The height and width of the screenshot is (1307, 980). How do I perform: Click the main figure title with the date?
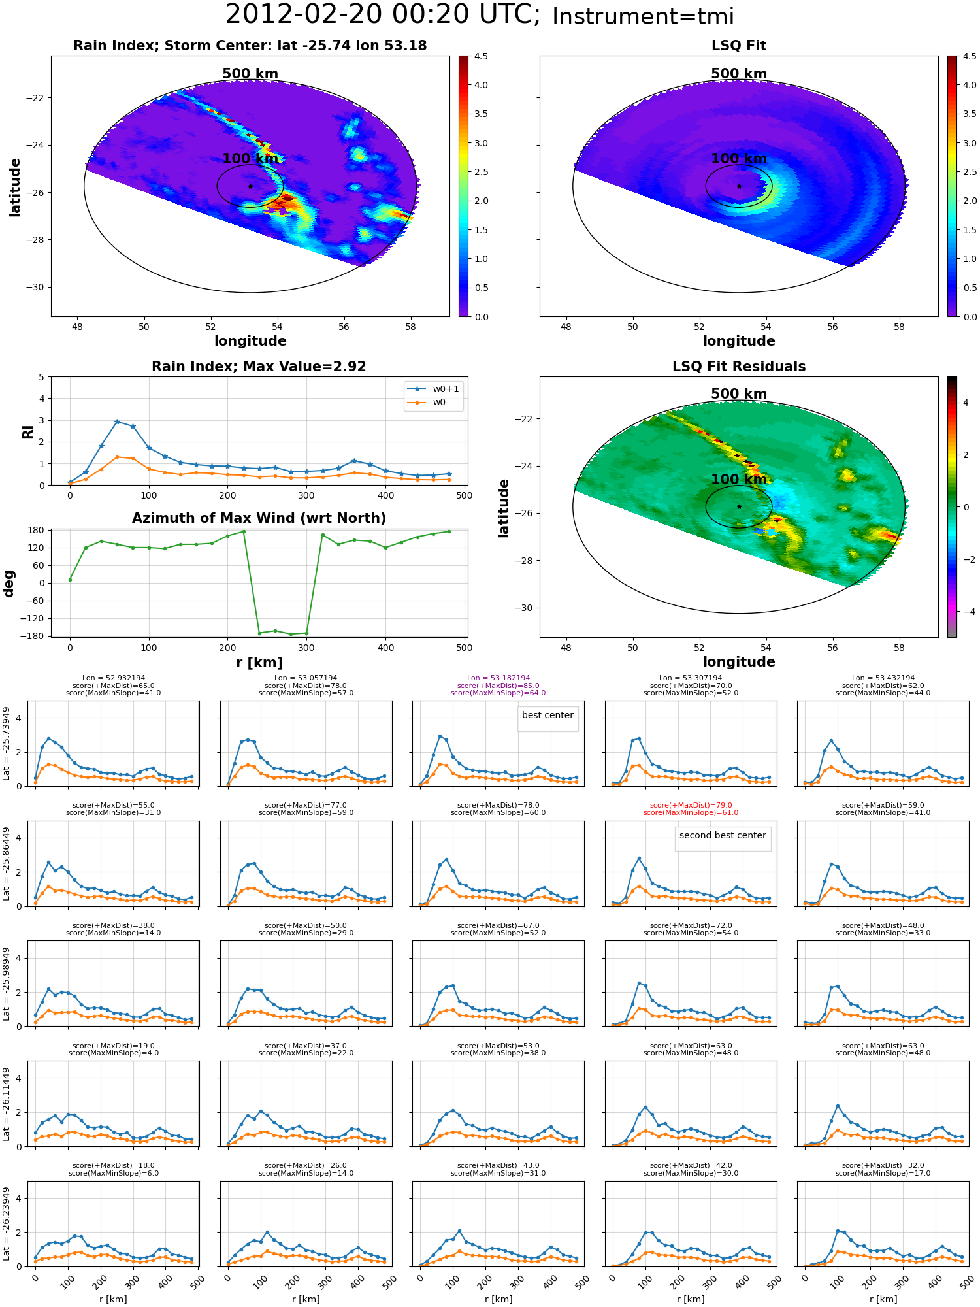click(480, 15)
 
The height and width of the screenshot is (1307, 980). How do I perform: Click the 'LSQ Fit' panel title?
click(738, 46)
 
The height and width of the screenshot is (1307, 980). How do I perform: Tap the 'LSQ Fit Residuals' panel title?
click(739, 367)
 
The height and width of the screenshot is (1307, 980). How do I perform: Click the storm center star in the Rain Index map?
click(250, 186)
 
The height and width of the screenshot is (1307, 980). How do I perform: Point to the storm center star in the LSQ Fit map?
click(739, 186)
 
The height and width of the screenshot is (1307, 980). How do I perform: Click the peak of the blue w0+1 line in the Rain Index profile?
click(117, 422)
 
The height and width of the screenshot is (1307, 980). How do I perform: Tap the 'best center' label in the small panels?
click(547, 715)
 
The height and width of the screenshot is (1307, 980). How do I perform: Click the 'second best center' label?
click(723, 835)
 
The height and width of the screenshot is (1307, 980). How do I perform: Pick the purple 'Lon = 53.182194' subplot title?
click(498, 678)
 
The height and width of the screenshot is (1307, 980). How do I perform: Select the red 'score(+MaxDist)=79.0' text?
click(691, 806)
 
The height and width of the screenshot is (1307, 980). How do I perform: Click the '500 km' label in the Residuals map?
click(739, 394)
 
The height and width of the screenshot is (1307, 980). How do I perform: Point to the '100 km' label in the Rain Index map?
click(250, 159)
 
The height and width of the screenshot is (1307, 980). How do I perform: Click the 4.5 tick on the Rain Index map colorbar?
click(481, 57)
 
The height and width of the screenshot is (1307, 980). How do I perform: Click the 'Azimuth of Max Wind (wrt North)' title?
click(259, 518)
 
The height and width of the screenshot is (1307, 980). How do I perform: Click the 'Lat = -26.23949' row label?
click(7, 1224)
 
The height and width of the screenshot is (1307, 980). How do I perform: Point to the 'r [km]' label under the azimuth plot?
click(259, 663)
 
